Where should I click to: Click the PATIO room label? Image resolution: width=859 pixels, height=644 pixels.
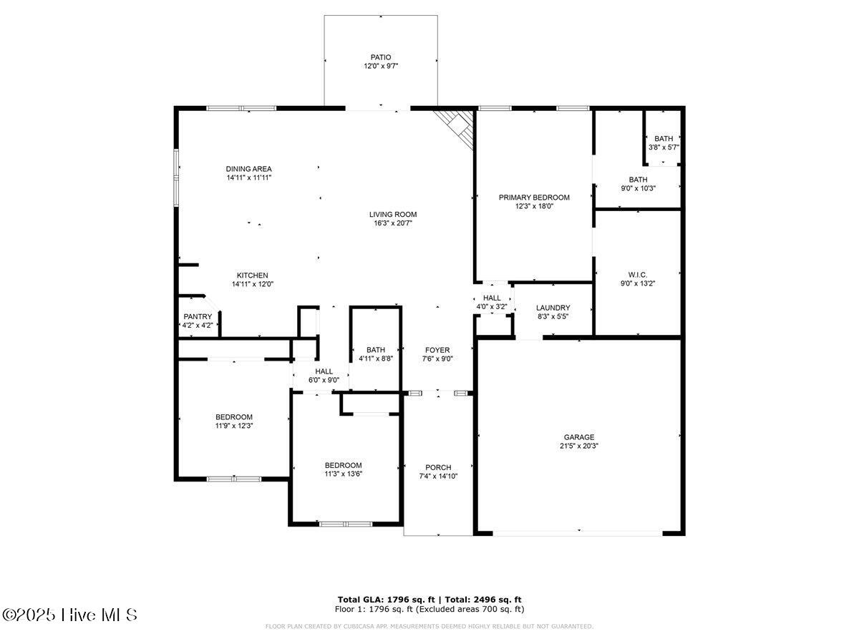[x=380, y=57]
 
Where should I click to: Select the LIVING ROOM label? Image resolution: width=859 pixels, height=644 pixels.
[x=393, y=214]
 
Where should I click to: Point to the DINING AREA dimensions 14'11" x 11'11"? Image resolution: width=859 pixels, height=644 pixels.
[x=249, y=177]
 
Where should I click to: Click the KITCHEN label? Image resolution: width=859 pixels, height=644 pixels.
[x=253, y=275]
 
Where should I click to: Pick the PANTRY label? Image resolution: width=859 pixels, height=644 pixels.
[x=198, y=316]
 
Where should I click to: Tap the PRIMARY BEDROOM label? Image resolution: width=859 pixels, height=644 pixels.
[x=534, y=197]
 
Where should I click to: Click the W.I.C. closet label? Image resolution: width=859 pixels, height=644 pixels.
[x=638, y=275]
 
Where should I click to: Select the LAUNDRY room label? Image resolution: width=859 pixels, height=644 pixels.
[x=553, y=308]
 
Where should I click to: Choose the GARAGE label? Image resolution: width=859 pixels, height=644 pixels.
[x=579, y=437]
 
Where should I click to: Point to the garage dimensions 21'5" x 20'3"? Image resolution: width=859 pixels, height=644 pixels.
[x=579, y=446]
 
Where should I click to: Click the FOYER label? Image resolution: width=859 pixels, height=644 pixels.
[x=437, y=350]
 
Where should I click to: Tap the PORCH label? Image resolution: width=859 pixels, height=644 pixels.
[x=438, y=467]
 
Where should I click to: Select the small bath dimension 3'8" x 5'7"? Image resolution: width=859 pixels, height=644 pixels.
[x=664, y=147]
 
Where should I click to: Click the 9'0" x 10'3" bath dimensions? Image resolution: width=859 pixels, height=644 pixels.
[x=639, y=188]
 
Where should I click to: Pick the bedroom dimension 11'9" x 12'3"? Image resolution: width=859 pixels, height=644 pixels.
[x=234, y=426]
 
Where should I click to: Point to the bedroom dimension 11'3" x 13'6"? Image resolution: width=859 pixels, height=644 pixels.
[x=343, y=474]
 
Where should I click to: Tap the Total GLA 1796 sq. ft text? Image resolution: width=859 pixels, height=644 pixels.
[x=387, y=600]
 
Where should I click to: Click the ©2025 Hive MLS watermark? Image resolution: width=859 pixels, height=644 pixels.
[x=69, y=615]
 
